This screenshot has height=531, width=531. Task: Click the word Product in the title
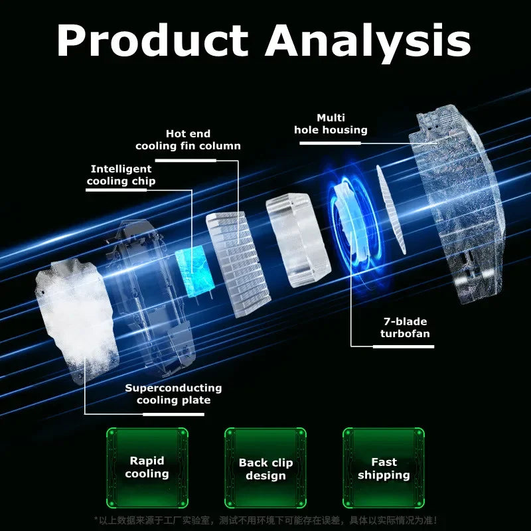[x=153, y=41]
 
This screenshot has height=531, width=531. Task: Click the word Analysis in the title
[x=368, y=41]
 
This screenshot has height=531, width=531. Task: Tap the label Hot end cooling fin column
[x=188, y=140]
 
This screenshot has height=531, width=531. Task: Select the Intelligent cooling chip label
[x=121, y=175]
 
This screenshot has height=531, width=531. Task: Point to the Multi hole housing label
[x=331, y=124]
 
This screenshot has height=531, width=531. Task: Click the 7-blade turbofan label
[x=404, y=327]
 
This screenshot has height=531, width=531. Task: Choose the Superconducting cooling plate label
[x=173, y=394]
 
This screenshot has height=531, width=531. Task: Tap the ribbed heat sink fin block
[x=238, y=262]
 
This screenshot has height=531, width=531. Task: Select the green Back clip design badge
[x=265, y=468]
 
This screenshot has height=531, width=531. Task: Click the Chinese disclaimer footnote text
[x=265, y=520]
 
